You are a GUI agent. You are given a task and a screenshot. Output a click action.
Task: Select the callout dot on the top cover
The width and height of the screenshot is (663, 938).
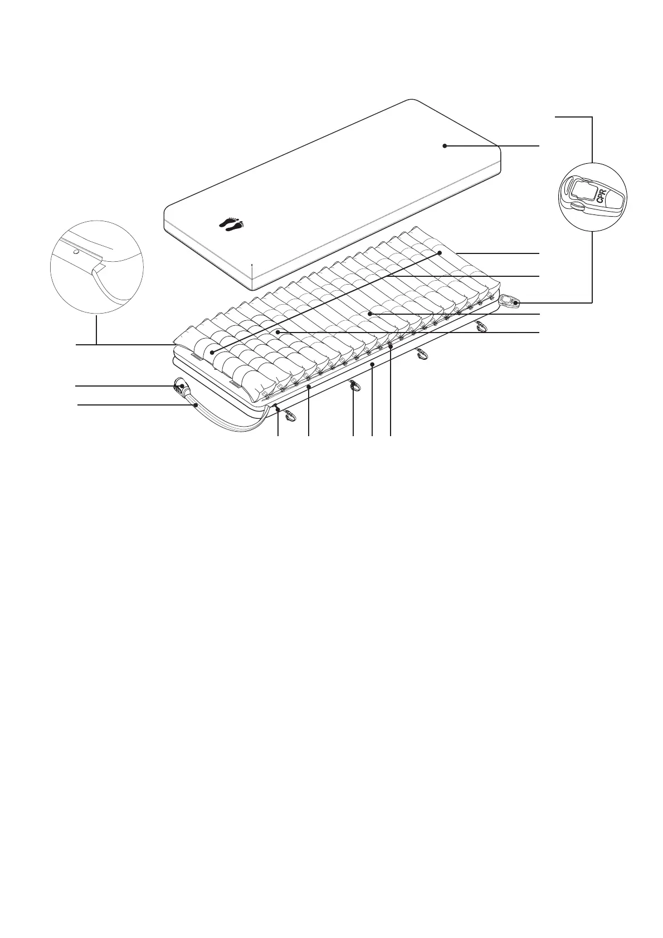click(x=445, y=146)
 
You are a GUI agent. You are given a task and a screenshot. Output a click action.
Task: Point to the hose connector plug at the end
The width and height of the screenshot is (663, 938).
click(x=181, y=387)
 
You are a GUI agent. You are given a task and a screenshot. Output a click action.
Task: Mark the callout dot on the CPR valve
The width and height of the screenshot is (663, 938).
click(x=516, y=302)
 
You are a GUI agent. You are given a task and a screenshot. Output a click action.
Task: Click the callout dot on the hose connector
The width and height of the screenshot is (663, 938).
click(x=183, y=385)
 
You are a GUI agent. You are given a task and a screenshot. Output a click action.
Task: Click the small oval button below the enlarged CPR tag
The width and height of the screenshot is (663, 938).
click(x=576, y=208)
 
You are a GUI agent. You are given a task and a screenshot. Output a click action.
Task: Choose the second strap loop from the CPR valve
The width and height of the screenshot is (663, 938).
click(x=422, y=354)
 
